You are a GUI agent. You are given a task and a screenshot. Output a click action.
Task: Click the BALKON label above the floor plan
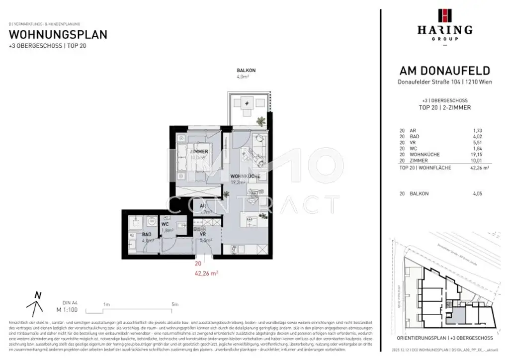coord(243,71)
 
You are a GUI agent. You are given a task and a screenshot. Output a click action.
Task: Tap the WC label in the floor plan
coord(165,224)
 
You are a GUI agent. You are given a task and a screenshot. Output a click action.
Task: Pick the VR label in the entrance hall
coord(202,233)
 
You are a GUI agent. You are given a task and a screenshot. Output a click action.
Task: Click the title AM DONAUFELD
coord(445,71)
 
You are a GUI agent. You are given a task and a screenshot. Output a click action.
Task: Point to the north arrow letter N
coord(37,294)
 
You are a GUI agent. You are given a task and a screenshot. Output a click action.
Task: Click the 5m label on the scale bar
coord(174,304)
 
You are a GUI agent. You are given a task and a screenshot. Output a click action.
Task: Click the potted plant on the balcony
coord(260,121)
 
